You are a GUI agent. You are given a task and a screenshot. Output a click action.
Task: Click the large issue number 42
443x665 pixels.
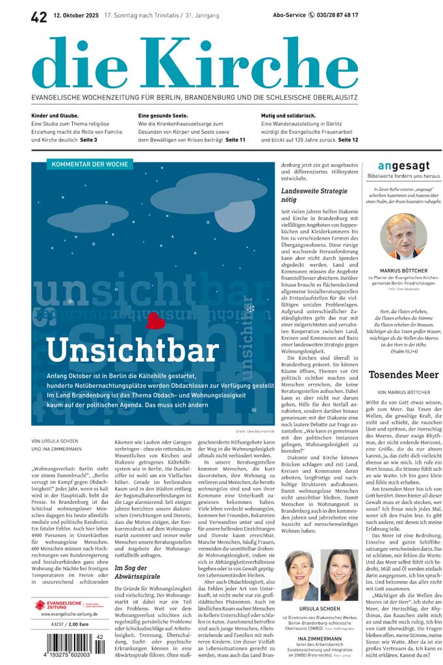39,17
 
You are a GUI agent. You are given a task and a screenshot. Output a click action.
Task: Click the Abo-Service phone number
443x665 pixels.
333,15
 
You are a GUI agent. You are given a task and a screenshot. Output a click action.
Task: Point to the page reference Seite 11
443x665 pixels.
235,140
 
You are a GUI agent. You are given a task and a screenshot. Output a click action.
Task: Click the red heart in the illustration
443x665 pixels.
155,320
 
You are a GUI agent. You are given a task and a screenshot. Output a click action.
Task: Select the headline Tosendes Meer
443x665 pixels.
403,374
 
